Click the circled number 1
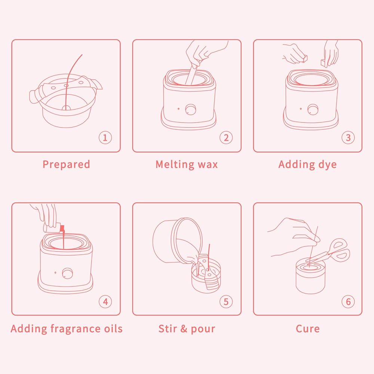105,137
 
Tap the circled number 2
226,137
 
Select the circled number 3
348,137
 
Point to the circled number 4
105,301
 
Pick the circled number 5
226,301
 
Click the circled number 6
348,301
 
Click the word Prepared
66,165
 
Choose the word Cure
308,329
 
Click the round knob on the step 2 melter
190,110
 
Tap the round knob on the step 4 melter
67,273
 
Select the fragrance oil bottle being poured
54,228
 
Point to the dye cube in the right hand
325,62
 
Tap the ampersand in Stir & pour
184,329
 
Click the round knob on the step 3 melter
312,110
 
